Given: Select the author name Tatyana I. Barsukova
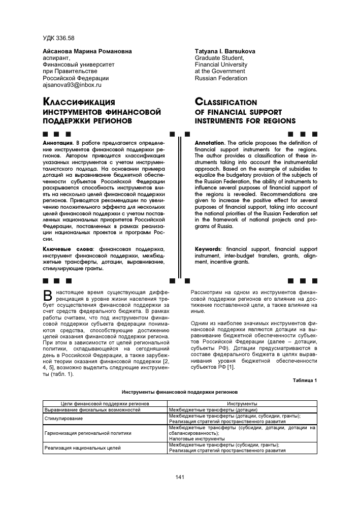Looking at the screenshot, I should pyautogui.click(x=225, y=52).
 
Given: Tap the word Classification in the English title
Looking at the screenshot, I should pyautogui.click(x=226, y=102).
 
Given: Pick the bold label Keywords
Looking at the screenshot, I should pyautogui.click(x=208, y=249).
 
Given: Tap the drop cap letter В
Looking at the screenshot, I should pyautogui.click(x=48, y=296).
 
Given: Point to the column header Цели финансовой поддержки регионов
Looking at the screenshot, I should pyautogui.click(x=105, y=403).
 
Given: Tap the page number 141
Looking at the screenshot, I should pyautogui.click(x=179, y=476).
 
